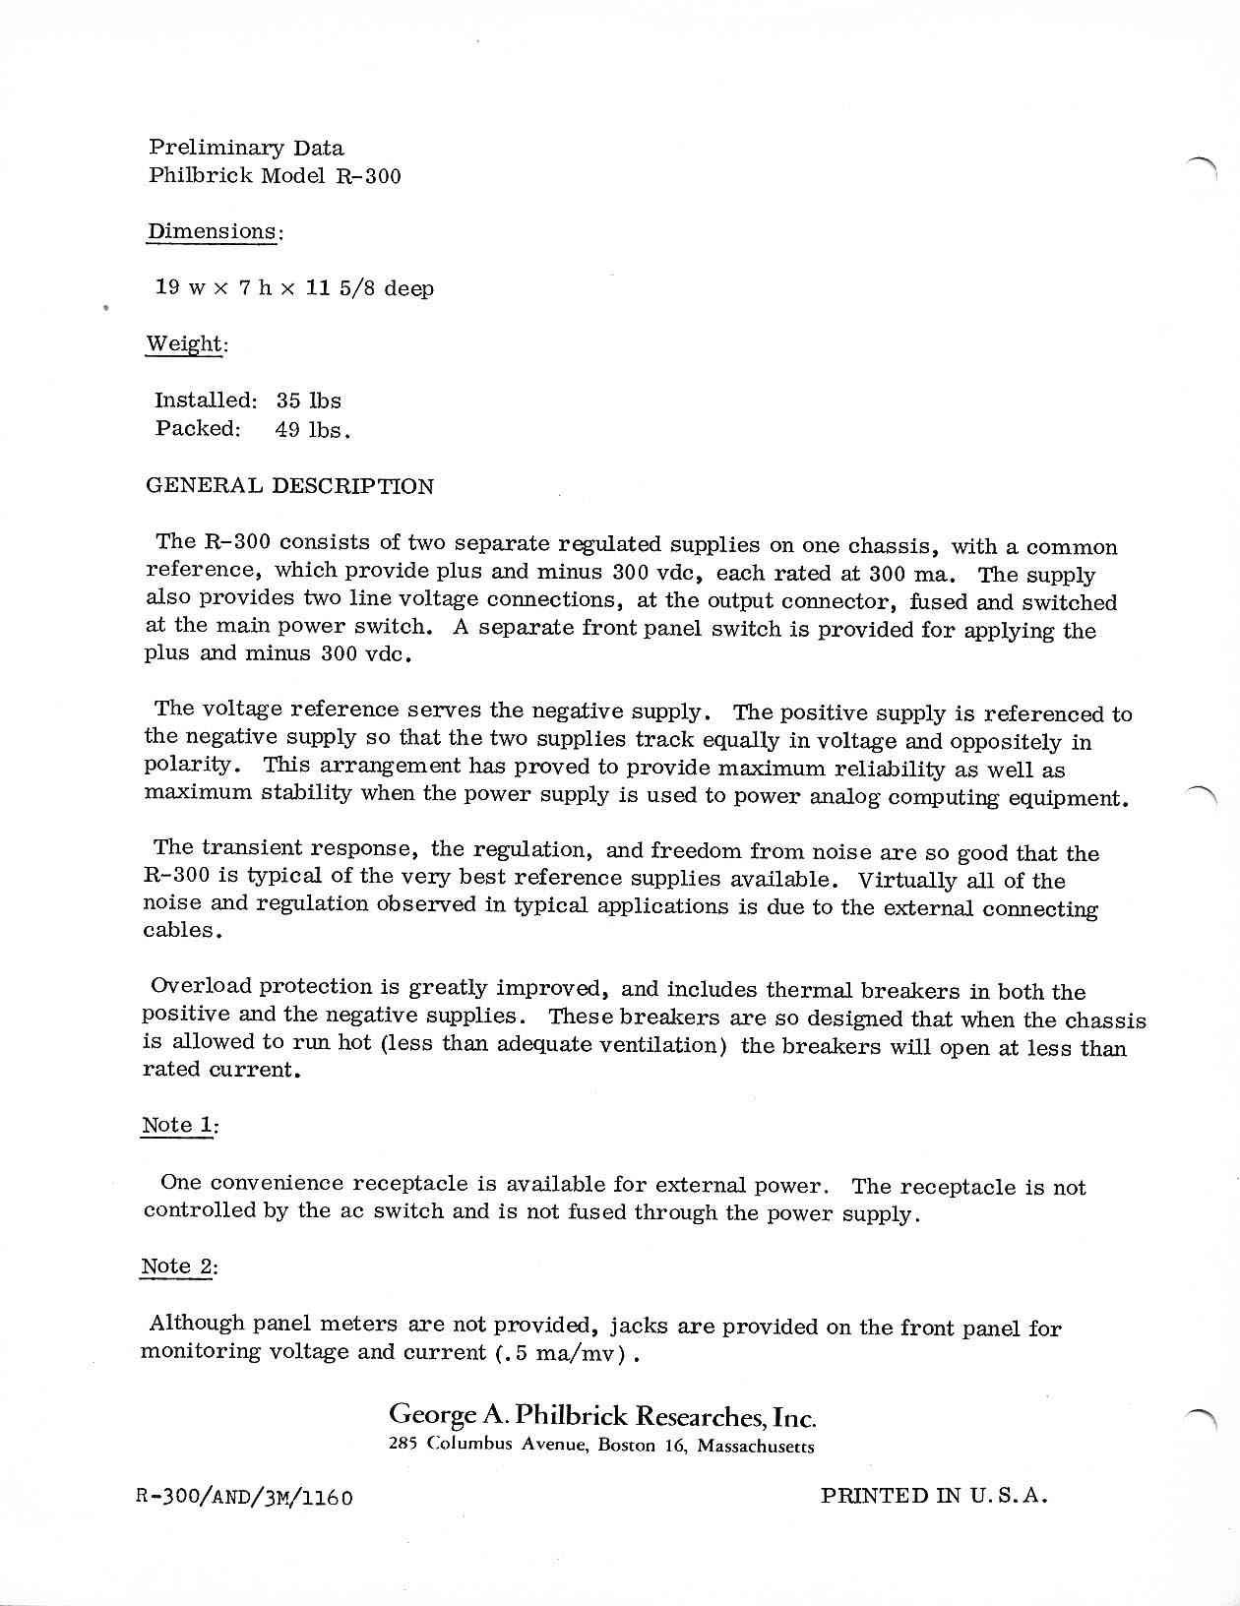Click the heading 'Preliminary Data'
tap(246, 149)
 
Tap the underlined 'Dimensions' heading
tap(213, 232)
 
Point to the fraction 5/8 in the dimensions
tap(354, 289)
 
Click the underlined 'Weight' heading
tap(185, 344)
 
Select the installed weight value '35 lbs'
tap(309, 401)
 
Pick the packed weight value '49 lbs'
tap(311, 430)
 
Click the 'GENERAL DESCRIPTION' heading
tap(289, 486)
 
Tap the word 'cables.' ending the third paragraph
tap(182, 931)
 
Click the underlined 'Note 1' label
tap(178, 1126)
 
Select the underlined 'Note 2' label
tap(177, 1266)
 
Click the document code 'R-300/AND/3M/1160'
tap(244, 1498)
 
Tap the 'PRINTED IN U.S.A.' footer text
tap(934, 1497)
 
